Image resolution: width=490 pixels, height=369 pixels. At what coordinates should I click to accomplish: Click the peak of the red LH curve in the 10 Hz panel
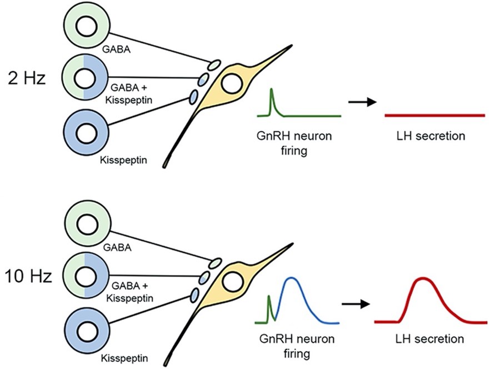(423, 278)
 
